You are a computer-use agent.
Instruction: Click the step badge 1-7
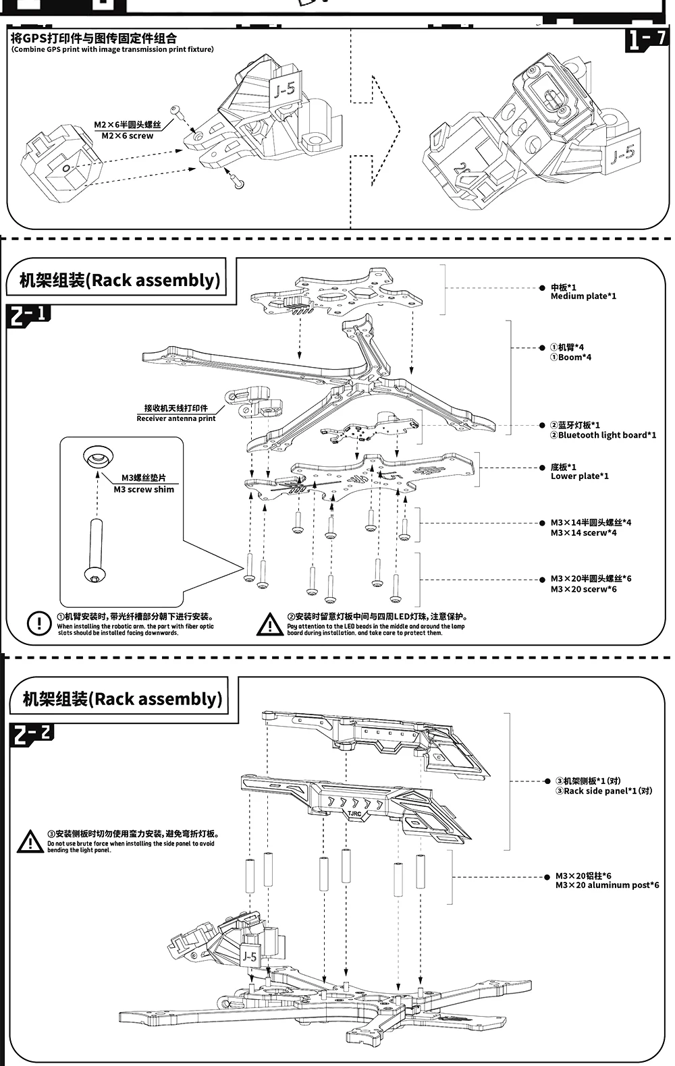click(x=647, y=39)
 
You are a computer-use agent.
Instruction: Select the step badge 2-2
click(x=31, y=733)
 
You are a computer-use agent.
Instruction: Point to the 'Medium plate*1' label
click(x=583, y=296)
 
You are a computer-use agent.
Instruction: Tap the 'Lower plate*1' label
click(x=579, y=476)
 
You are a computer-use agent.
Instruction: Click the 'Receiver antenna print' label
click(x=175, y=418)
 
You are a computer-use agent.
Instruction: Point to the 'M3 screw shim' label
click(x=143, y=489)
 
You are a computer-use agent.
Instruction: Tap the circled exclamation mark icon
click(x=39, y=623)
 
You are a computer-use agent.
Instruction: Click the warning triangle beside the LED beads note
click(x=270, y=624)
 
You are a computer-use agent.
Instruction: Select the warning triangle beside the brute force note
click(x=30, y=841)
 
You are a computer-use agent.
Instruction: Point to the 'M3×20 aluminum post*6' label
click(x=607, y=885)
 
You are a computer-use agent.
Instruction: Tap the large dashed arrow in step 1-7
click(x=378, y=128)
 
